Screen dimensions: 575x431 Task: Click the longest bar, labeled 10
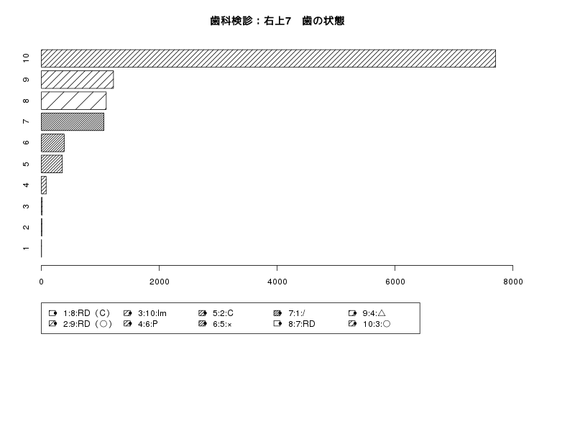268,59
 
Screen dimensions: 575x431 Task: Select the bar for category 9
78,80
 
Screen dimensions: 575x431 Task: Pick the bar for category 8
74,101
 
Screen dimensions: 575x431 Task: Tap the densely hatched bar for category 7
73,121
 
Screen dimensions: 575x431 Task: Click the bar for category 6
52,143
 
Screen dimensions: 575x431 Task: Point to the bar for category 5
52,164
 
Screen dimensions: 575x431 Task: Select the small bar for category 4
44,185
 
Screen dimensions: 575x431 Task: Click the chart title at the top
277,21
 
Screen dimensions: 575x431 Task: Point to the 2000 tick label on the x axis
160,282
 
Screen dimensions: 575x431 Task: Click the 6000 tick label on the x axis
395,282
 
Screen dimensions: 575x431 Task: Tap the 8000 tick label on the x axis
513,282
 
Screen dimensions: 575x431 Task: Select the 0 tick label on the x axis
42,282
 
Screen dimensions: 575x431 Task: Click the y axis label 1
26,249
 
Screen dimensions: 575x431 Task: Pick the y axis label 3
26,206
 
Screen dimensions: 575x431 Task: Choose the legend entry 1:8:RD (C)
80,313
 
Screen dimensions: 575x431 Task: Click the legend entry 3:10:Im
145,313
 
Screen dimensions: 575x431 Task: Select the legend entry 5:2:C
216,313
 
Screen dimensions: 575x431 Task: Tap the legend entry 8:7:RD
295,324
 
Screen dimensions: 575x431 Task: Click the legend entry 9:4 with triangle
367,313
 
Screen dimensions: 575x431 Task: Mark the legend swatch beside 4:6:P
128,324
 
